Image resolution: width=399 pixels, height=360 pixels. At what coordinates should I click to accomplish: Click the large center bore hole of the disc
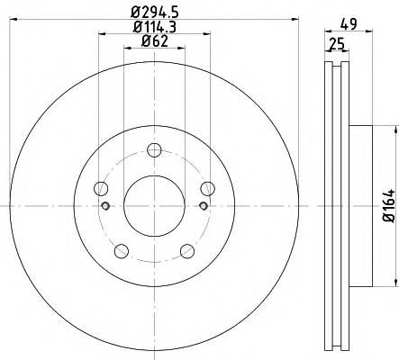point(154,205)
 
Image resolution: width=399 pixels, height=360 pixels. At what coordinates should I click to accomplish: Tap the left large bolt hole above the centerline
point(101,188)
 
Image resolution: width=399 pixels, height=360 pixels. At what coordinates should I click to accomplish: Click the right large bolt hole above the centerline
point(207,188)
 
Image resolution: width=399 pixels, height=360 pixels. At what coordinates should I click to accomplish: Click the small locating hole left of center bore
point(105,206)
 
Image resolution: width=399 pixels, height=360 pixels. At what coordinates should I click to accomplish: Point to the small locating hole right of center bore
point(203,206)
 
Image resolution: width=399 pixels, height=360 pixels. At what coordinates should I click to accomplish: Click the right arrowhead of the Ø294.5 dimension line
point(294,20)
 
